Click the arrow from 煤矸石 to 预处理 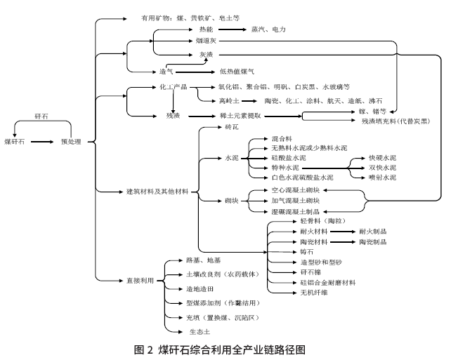click(43, 142)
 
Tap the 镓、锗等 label click(373, 111)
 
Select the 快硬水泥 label click(381, 159)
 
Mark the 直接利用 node click(139, 281)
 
